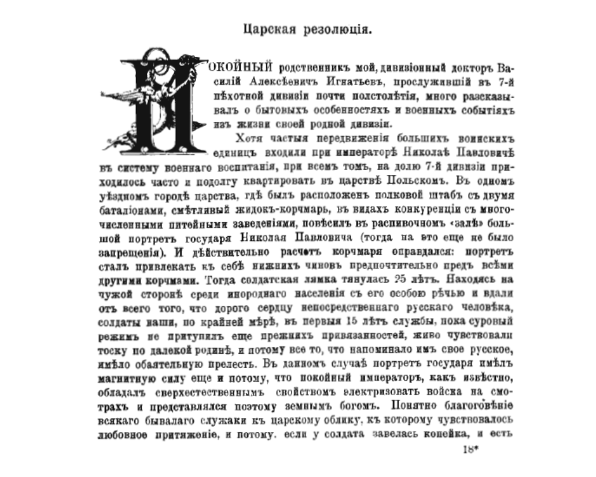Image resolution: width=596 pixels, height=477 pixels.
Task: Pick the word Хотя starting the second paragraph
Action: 248,139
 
